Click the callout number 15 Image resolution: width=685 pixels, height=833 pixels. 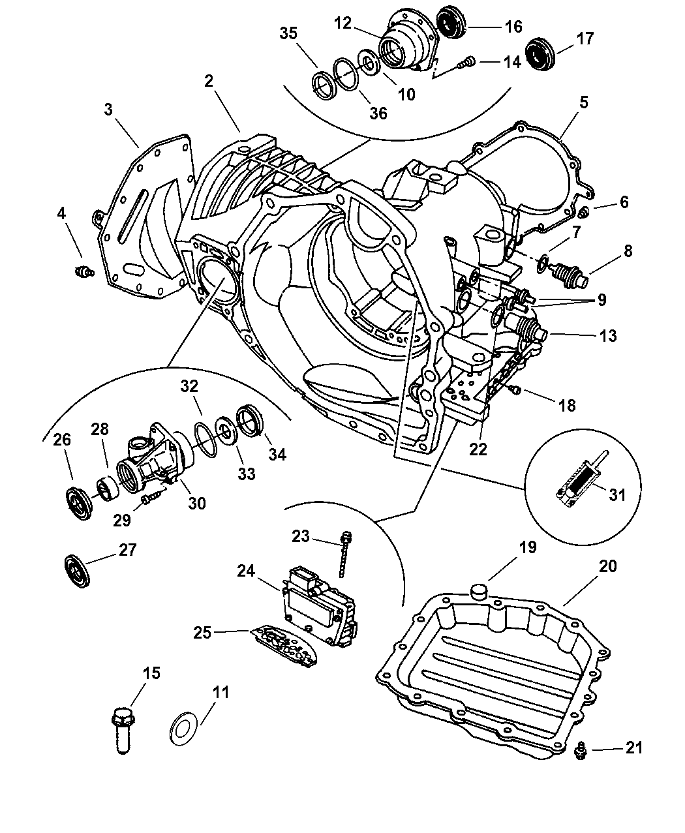pos(151,673)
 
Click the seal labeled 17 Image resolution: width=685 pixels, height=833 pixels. pos(540,53)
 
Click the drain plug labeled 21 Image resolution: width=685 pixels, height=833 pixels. pos(579,753)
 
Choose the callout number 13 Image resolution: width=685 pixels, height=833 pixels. pos(608,336)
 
